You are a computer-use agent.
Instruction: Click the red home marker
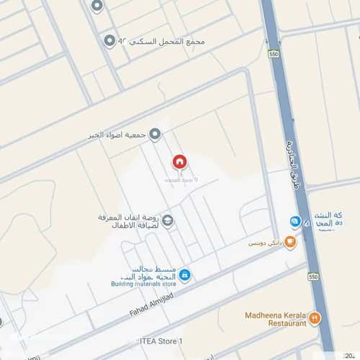pyautogui.click(x=179, y=162)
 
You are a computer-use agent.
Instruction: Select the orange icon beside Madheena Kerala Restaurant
pyautogui.click(x=315, y=316)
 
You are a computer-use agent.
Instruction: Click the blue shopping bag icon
pyautogui.click(x=185, y=274)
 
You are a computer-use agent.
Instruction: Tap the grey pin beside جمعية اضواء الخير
pyautogui.click(x=154, y=135)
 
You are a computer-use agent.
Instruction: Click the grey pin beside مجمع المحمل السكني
pyautogui.click(x=109, y=40)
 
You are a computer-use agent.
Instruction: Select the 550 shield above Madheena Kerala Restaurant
pyautogui.click(x=312, y=276)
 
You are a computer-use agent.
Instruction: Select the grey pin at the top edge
pyautogui.click(x=98, y=6)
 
